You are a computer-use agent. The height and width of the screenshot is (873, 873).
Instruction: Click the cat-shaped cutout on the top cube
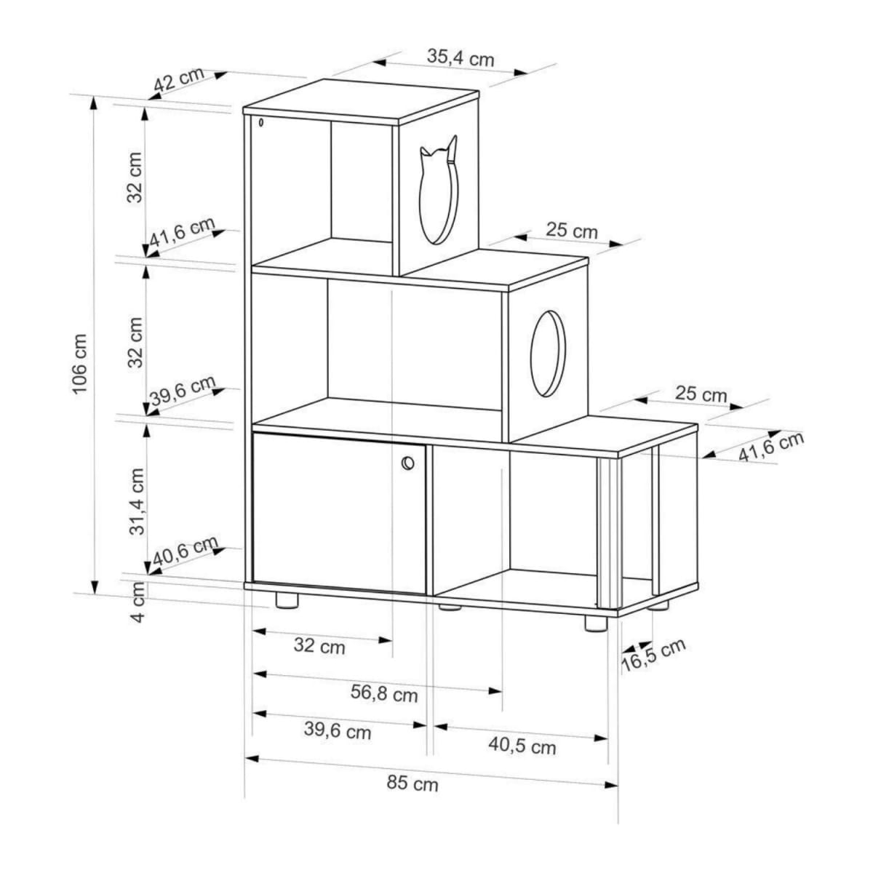click(439, 191)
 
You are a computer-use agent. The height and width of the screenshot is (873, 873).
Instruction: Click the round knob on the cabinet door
click(407, 463)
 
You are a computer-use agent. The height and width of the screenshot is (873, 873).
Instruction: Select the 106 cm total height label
click(80, 364)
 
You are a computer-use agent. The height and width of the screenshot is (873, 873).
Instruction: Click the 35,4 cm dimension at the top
click(461, 57)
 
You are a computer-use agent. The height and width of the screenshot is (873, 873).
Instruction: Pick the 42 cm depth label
click(180, 80)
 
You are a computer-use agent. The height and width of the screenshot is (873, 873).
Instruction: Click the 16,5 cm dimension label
click(653, 655)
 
